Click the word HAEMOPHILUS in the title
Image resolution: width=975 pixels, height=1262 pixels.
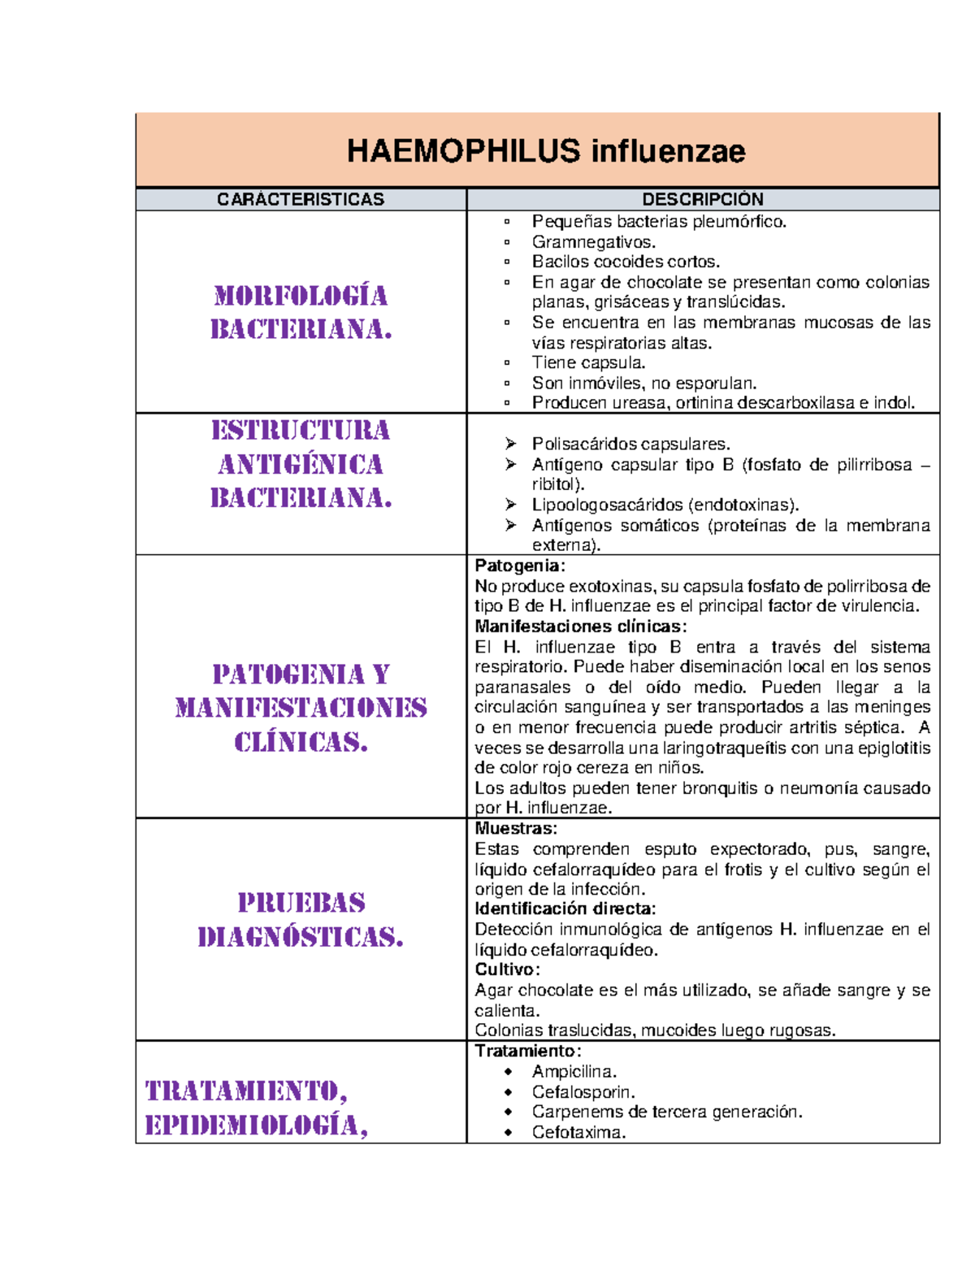(x=463, y=151)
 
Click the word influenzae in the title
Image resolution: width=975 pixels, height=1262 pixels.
(x=668, y=151)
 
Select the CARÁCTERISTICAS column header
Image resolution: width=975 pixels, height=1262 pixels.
(x=300, y=200)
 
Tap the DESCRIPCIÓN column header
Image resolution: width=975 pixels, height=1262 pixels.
(x=702, y=200)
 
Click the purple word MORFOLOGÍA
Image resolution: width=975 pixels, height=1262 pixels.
(x=301, y=296)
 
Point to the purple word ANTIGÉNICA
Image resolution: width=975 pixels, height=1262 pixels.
(x=301, y=465)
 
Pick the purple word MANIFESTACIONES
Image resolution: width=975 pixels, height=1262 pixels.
(x=301, y=708)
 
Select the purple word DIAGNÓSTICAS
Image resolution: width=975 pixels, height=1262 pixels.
(x=301, y=938)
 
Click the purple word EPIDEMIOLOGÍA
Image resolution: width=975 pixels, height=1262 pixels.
(x=256, y=1125)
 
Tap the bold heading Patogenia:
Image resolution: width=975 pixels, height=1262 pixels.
(x=519, y=566)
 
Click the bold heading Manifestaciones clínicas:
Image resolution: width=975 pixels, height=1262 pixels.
(x=580, y=627)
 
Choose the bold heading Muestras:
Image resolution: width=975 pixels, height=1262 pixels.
(x=516, y=829)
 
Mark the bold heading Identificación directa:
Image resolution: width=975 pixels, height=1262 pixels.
(x=565, y=909)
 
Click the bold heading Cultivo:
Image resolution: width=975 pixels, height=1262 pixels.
(x=507, y=969)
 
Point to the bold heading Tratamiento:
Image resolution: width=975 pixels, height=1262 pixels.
(x=527, y=1051)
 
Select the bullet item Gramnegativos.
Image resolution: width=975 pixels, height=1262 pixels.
(x=593, y=242)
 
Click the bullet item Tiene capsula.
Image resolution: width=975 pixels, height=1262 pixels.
(x=588, y=363)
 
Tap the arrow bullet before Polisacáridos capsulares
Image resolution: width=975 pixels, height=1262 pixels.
(x=510, y=444)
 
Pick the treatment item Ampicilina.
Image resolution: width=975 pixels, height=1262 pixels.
(x=574, y=1072)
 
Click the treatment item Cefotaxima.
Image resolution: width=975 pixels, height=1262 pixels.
(x=578, y=1133)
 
